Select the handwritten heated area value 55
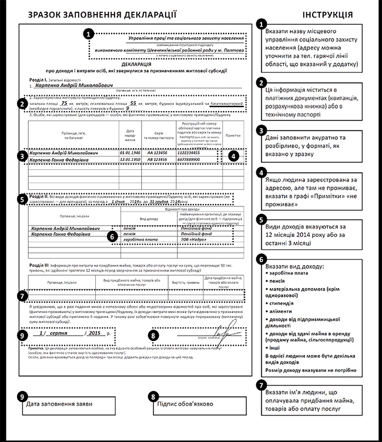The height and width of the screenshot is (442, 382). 133,102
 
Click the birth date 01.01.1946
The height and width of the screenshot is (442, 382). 130,152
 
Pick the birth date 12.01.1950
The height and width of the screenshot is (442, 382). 130,159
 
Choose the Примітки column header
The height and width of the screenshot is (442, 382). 233,134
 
